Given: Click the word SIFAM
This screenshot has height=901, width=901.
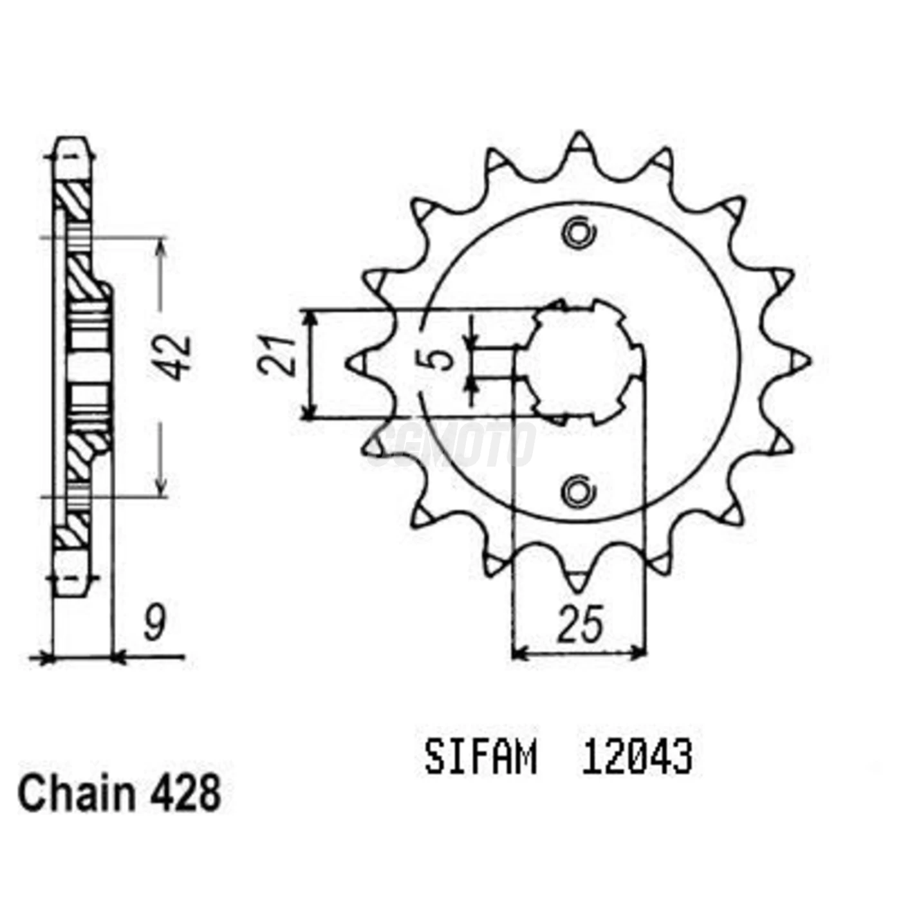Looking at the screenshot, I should click(480, 757).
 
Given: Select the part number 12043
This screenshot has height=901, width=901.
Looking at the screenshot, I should click(636, 757).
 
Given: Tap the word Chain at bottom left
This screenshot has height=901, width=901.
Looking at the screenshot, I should click(76, 794).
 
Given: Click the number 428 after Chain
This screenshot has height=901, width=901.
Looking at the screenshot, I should click(186, 794).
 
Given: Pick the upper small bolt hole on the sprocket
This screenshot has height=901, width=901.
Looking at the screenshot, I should click(577, 233).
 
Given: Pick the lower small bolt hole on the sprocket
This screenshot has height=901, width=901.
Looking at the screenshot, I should click(577, 492).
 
